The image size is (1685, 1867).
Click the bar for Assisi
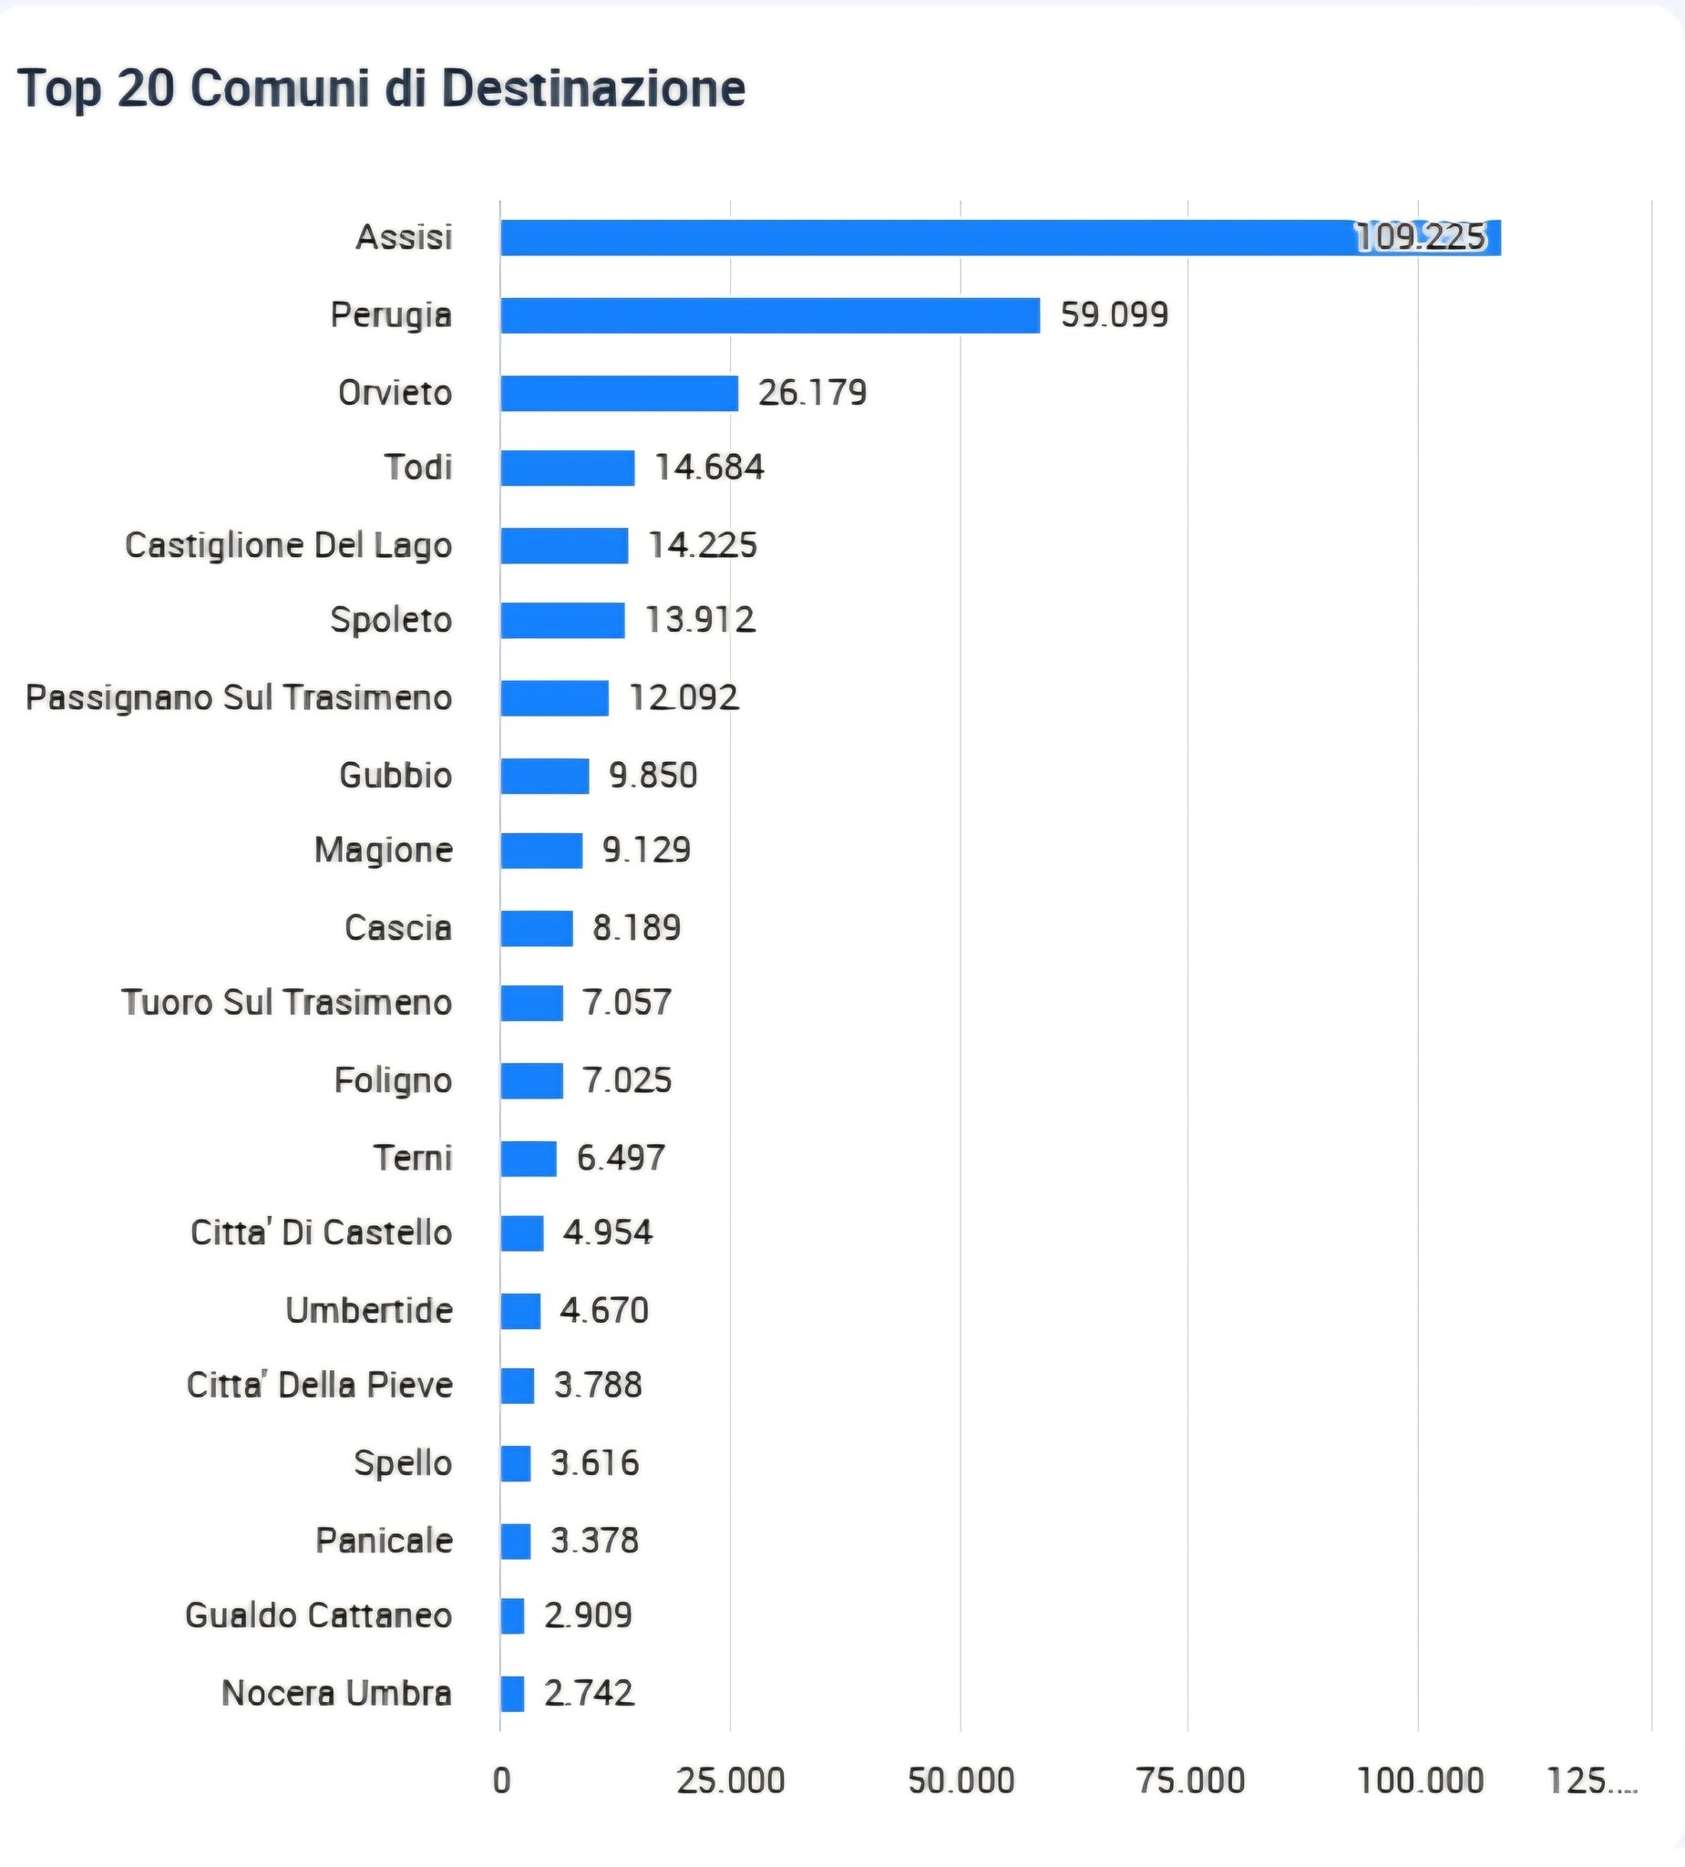click(1000, 238)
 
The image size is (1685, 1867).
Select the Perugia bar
click(769, 315)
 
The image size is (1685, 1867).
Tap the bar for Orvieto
click(620, 394)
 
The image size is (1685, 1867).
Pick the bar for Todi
click(568, 468)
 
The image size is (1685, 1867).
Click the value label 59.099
click(1114, 315)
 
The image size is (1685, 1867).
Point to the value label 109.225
click(1420, 238)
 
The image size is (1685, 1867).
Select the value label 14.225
click(703, 545)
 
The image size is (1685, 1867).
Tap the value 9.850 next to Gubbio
click(652, 775)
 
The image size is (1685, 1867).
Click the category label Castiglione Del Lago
click(289, 545)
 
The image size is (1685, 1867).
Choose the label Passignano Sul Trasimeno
click(239, 697)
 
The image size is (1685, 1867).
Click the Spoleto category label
click(391, 620)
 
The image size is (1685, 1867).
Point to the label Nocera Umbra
click(337, 1693)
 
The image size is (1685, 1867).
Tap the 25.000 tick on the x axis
click(731, 1780)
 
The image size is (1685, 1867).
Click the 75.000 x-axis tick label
click(1190, 1780)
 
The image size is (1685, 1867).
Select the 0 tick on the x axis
click(502, 1780)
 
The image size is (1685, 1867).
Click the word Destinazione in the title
click(593, 89)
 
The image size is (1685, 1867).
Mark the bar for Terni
click(529, 1159)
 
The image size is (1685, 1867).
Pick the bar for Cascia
click(537, 928)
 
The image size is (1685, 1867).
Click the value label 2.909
click(588, 1615)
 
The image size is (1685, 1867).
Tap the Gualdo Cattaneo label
click(318, 1615)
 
